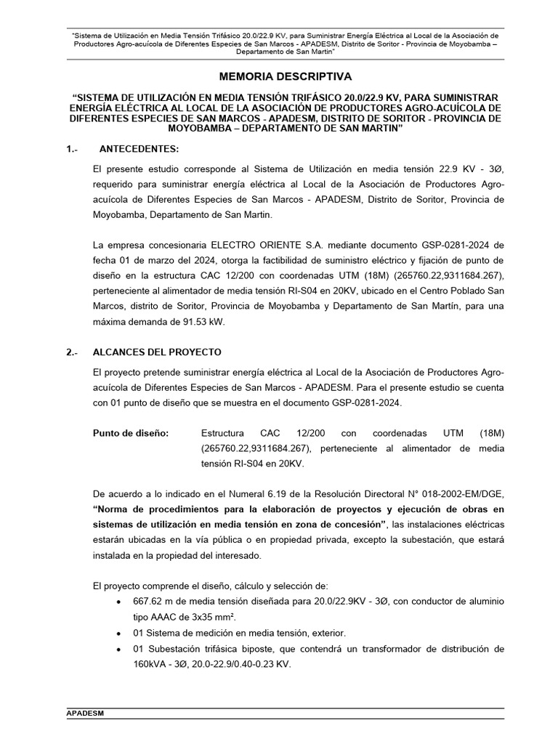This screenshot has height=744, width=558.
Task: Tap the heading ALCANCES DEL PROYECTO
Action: pos(157,352)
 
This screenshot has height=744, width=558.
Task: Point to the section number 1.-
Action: pos(71,148)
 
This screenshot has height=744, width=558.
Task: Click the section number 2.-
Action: pos(71,352)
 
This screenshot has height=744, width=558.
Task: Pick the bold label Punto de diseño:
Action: pos(131,433)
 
